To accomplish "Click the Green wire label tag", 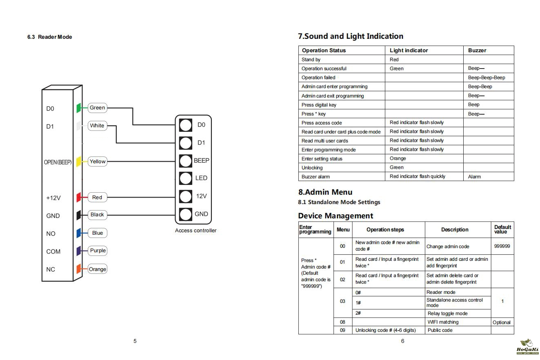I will coord(97,108).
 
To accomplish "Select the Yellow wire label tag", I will coord(98,162).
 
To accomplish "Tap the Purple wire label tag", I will coord(98,251).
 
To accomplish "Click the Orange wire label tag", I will coord(98,269).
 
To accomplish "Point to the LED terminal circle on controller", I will coord(186,178).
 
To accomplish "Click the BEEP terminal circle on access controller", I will coord(186,161).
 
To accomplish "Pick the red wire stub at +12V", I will coord(79,198).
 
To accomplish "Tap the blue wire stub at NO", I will coord(79,233).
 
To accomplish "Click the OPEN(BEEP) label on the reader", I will coord(58,162).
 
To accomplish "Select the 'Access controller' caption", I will coord(196,231).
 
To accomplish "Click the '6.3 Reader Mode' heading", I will coord(50,37).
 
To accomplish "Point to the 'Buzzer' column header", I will coord(477,51).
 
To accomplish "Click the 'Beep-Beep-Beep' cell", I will coord(487,78).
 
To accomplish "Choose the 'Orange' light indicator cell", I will coord(398,158).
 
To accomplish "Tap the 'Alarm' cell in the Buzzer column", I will coord(474,177).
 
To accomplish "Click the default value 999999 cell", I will coord(502,246).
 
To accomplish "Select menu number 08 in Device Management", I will coord(342,322).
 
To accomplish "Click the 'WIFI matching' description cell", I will coord(443,322).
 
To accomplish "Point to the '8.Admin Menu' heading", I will coord(325,192).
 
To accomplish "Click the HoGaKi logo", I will coord(527,347).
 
